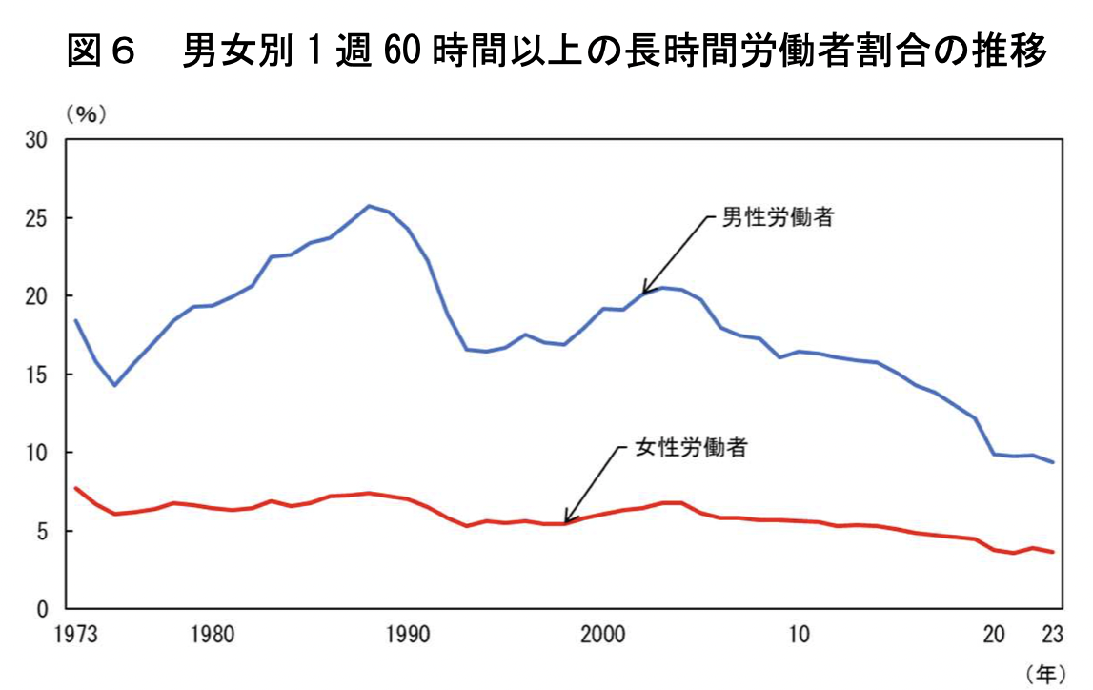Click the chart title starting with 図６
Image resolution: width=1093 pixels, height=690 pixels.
[557, 51]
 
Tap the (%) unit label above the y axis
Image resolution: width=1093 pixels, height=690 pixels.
[87, 114]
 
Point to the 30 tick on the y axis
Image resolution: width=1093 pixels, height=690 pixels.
[36, 140]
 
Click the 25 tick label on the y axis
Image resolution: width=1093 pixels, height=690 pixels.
[36, 218]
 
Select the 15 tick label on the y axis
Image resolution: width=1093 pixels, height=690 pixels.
[36, 375]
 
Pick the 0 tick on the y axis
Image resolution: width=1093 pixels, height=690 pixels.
[43, 609]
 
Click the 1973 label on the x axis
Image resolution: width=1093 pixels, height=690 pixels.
[75, 634]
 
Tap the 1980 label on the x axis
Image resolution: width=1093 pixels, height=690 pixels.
[213, 634]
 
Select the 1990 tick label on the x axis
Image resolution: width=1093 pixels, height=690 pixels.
[408, 634]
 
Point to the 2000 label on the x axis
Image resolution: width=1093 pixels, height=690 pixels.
[603, 634]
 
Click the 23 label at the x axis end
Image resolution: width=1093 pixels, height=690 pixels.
[1053, 634]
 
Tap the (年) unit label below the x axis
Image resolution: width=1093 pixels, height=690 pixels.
[1045, 673]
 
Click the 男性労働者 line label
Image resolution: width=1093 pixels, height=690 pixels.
[778, 217]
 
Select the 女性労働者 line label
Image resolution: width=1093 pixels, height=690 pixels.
[691, 447]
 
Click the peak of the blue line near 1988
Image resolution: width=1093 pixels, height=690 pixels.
[369, 206]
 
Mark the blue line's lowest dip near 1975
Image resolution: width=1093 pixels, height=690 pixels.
[114, 385]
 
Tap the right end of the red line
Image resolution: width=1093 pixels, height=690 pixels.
[1053, 552]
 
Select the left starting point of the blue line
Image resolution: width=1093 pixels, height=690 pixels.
[75, 320]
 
